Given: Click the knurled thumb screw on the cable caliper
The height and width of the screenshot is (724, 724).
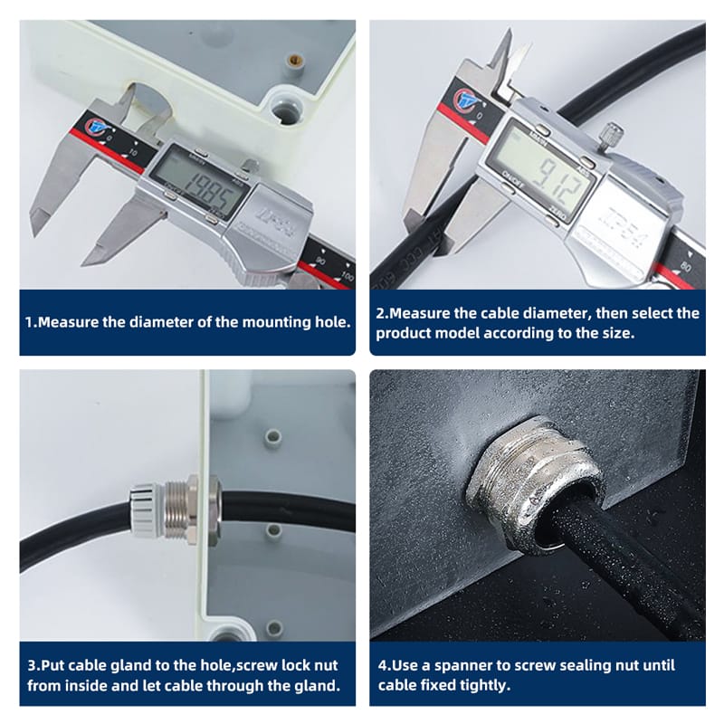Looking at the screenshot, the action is [613, 134].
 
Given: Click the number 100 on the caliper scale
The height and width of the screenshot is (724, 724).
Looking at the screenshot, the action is [348, 276].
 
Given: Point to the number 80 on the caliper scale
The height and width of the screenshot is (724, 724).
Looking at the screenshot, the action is [686, 267].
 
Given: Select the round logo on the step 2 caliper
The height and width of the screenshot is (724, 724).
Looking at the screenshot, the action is [464, 99].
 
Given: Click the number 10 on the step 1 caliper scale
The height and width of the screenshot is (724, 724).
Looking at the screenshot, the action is [133, 152].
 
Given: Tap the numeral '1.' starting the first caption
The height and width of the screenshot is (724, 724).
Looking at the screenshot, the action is [31, 322].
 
